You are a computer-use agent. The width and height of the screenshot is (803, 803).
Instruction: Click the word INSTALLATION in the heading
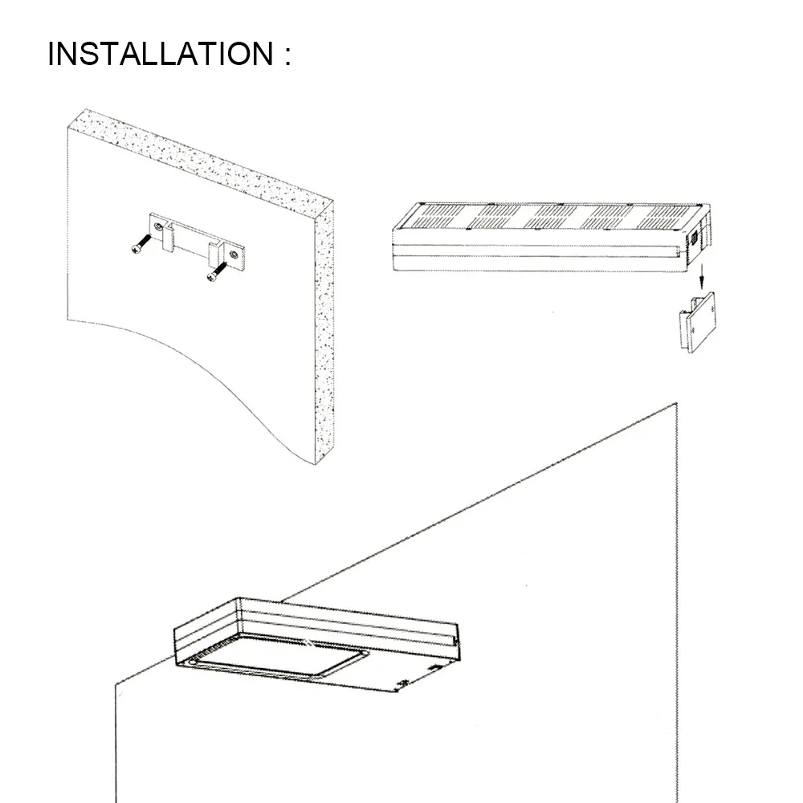(161, 55)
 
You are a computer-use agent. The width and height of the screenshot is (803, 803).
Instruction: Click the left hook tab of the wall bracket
(168, 242)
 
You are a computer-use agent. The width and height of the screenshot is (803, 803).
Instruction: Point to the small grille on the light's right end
(693, 238)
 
